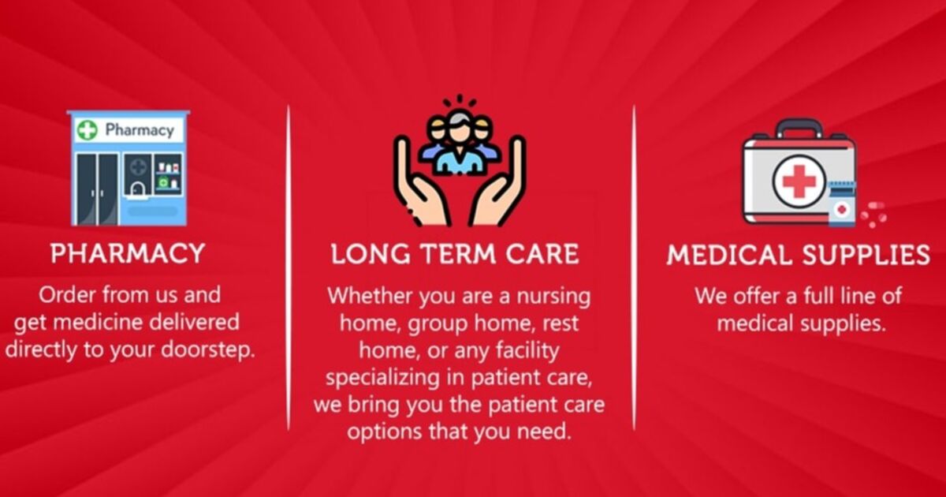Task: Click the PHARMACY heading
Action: (x=128, y=253)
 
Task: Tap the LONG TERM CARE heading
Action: (x=455, y=254)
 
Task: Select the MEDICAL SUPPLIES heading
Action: (x=798, y=255)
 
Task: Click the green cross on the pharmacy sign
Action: (x=88, y=129)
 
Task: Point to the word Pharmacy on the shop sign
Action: (x=140, y=129)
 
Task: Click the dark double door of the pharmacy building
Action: (x=98, y=189)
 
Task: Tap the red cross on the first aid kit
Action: (x=799, y=181)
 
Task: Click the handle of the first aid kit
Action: (x=799, y=128)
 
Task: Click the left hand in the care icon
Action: (x=418, y=186)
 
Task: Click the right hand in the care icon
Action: (x=498, y=186)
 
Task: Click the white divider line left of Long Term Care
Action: (x=289, y=268)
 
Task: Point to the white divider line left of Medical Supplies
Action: (x=634, y=268)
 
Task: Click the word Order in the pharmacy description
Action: (x=67, y=295)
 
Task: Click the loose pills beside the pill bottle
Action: (x=873, y=215)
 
